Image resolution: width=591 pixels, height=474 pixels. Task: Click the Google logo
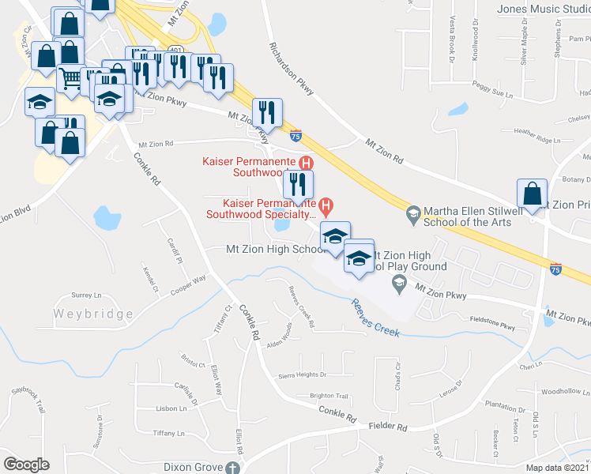tap(26, 465)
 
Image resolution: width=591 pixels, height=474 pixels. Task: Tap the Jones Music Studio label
tap(543, 9)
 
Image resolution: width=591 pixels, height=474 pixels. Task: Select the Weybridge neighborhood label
tap(93, 314)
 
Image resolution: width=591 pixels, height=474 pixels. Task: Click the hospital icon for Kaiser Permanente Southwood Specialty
tap(324, 205)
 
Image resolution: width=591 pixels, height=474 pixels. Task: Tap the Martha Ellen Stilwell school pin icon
tap(412, 213)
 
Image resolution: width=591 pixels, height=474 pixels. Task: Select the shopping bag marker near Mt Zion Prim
tap(533, 194)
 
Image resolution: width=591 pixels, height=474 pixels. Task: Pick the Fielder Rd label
tap(388, 427)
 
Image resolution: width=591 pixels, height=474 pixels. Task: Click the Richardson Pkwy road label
tap(291, 70)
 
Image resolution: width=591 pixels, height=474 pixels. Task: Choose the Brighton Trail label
tap(329, 396)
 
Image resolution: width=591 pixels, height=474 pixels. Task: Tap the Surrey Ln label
tap(86, 294)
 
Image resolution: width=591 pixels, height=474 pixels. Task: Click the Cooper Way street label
tap(188, 284)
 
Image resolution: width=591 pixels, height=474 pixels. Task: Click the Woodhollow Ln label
tap(561, 391)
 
